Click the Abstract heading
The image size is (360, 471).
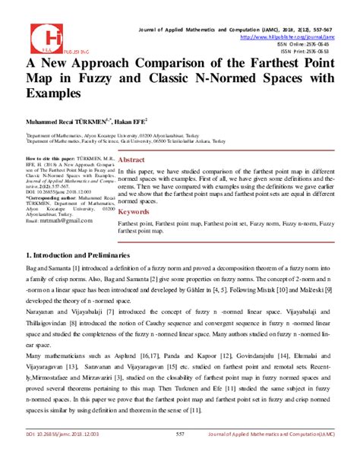point(130,161)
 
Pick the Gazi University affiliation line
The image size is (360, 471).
point(120,141)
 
